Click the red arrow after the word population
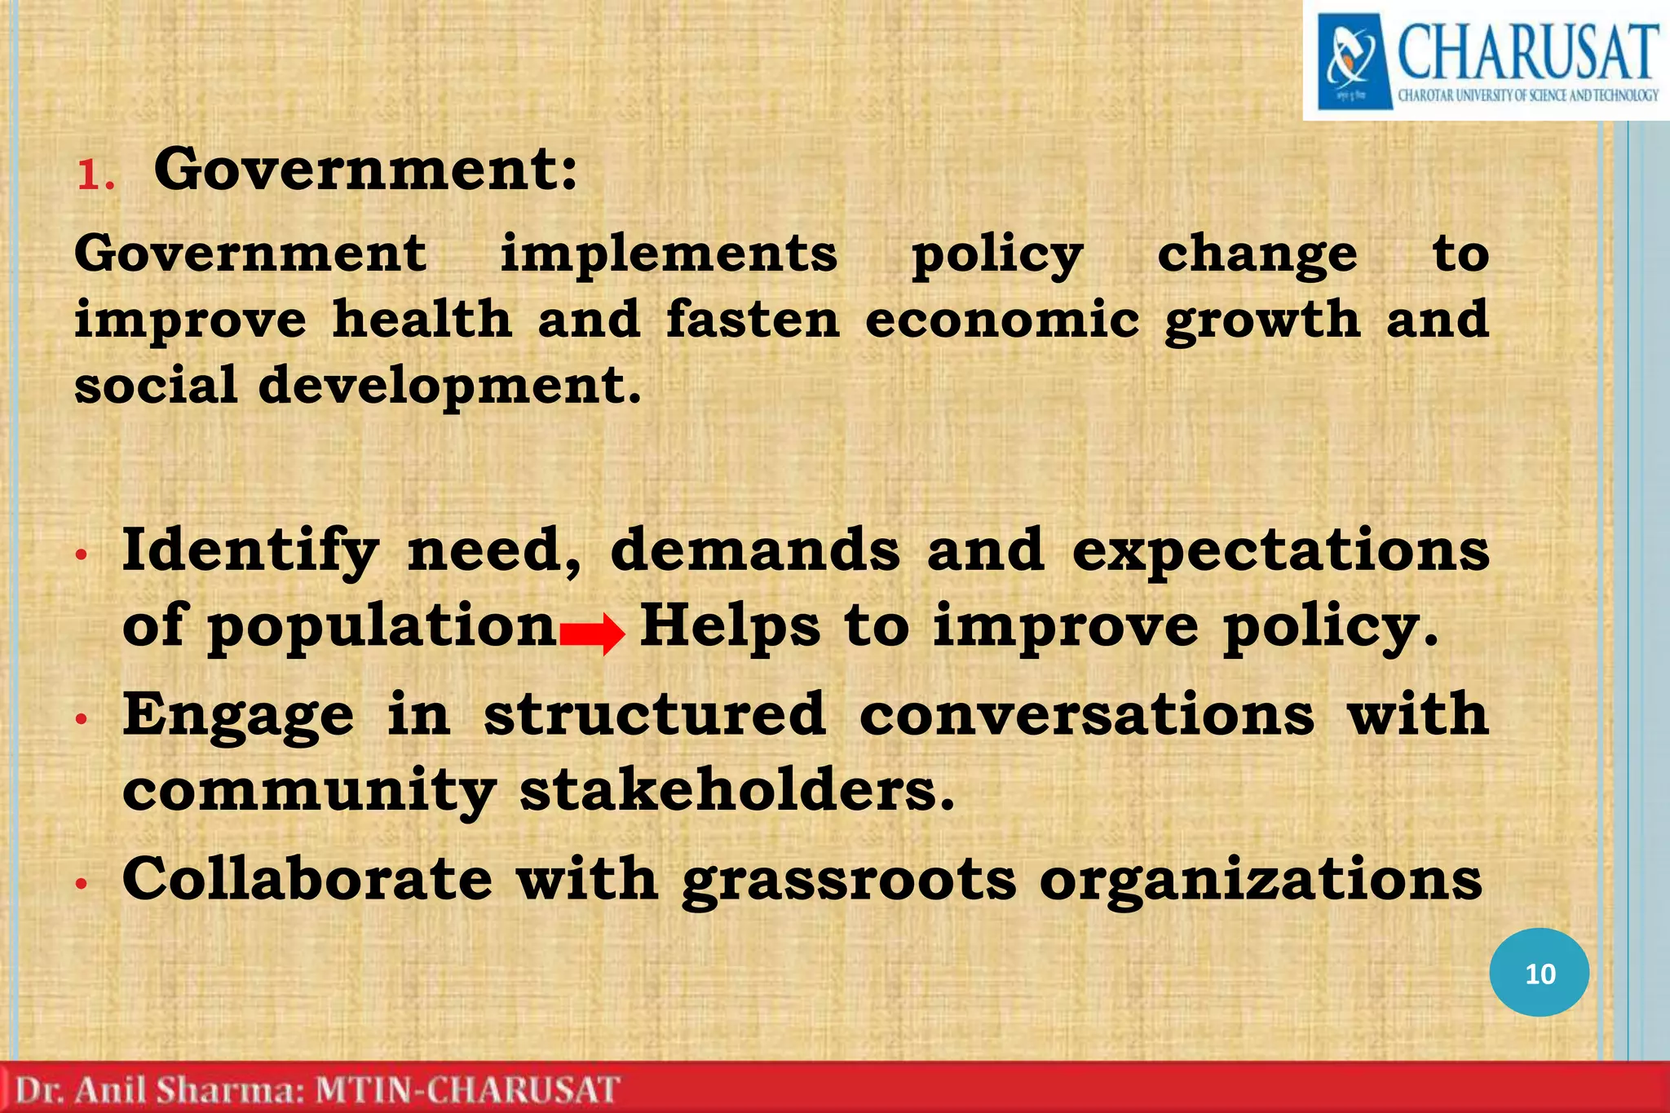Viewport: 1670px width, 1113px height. point(593,633)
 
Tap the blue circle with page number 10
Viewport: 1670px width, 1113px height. point(1539,973)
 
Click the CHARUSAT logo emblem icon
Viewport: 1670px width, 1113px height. point(1354,62)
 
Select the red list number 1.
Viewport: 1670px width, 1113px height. point(95,174)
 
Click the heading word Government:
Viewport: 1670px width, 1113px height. point(365,169)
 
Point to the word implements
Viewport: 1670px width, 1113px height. point(668,254)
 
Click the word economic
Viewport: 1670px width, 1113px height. point(1002,319)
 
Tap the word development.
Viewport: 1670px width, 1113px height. point(449,385)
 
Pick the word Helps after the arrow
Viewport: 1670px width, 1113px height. point(730,627)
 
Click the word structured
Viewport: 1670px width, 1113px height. point(656,714)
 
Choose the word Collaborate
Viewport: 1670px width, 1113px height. point(307,879)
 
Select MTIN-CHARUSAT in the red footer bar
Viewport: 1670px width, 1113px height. point(467,1090)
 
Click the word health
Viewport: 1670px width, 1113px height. point(422,319)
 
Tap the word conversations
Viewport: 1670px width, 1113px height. point(1087,714)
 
